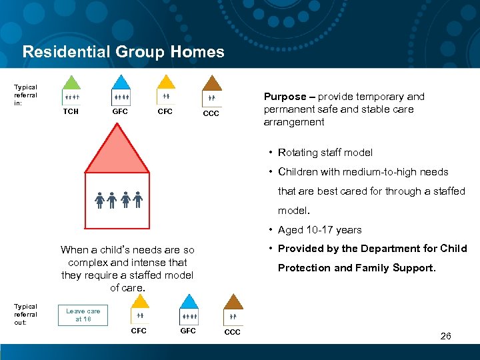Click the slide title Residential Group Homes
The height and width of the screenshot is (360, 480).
123,52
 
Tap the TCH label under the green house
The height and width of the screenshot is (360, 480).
71,111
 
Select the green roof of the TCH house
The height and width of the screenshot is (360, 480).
71,83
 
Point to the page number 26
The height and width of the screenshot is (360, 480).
445,336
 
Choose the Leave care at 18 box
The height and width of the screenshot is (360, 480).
83,315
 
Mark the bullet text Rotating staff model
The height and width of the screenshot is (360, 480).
325,152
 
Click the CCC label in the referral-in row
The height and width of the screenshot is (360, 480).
211,114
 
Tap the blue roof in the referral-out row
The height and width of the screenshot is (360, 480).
189,301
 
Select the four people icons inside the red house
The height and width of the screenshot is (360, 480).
118,199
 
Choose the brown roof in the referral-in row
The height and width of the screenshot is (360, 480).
212,83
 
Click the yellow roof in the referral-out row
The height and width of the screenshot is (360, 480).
140,301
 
